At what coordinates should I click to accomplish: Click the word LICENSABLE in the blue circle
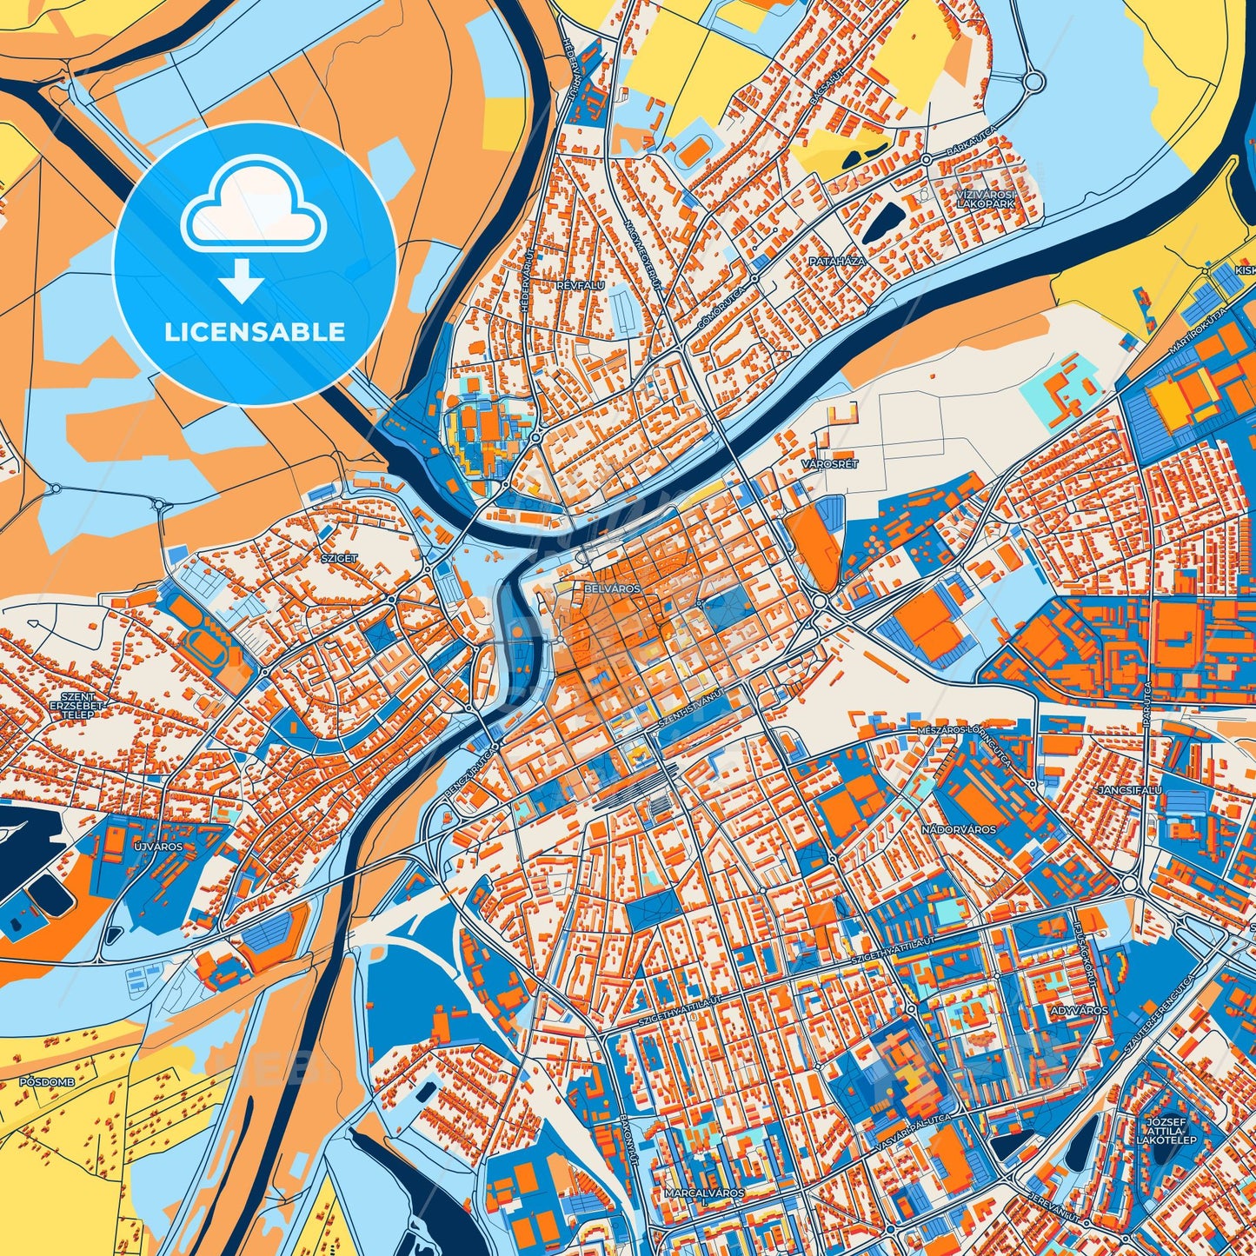[255, 331]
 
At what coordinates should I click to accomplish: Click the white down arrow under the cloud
[243, 279]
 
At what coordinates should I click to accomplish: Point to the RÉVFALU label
[581, 284]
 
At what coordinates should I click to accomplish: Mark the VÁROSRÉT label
[830, 464]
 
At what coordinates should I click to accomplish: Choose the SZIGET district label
[339, 557]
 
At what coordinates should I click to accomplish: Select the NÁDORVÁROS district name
[959, 829]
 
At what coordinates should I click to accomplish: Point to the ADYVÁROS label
[1080, 1011]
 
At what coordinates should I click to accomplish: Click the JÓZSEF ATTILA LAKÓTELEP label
[1166, 1131]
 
